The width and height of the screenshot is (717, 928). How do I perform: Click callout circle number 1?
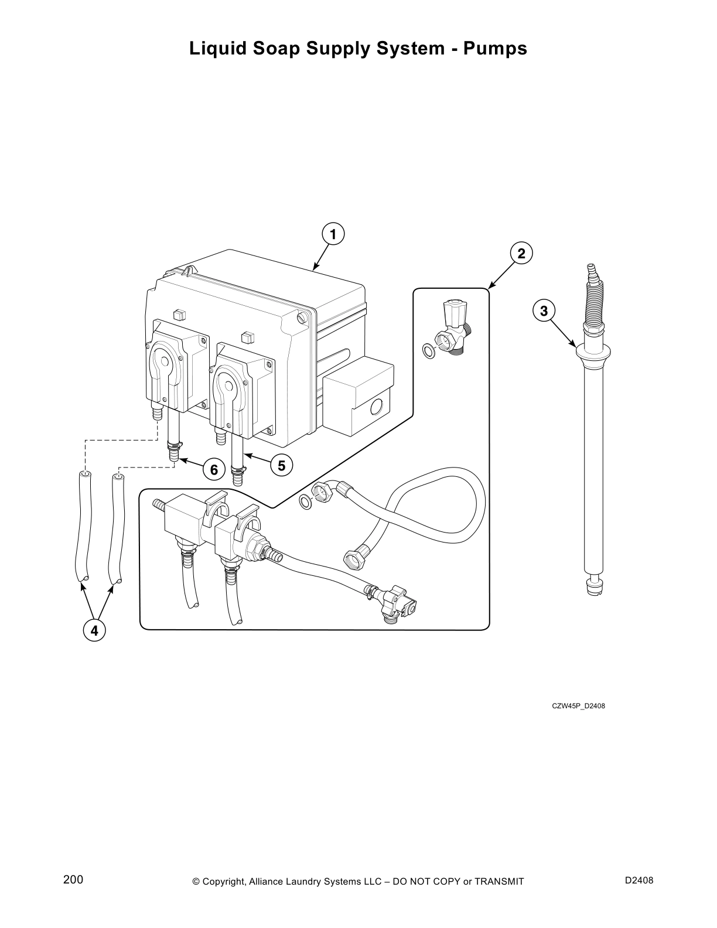[333, 234]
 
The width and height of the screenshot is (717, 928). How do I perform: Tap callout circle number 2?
[521, 254]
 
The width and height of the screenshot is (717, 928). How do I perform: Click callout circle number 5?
[282, 466]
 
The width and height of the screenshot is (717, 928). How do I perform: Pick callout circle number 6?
[214, 470]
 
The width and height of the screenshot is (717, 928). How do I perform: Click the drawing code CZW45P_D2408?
[578, 705]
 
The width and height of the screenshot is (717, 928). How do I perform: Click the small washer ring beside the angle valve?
[429, 352]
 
